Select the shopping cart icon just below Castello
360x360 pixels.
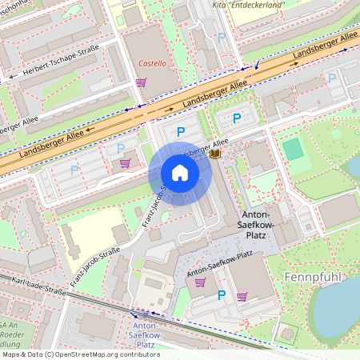click(x=141, y=82)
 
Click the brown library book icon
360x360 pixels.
click(x=214, y=153)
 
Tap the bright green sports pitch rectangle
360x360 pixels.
click(x=293, y=149)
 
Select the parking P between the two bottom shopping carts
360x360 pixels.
click(x=222, y=295)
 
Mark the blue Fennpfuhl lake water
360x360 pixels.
click(x=336, y=312)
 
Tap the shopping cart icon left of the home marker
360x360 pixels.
click(x=125, y=163)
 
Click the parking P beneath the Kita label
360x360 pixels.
click(x=222, y=37)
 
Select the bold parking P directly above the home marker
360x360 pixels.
click(x=181, y=130)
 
